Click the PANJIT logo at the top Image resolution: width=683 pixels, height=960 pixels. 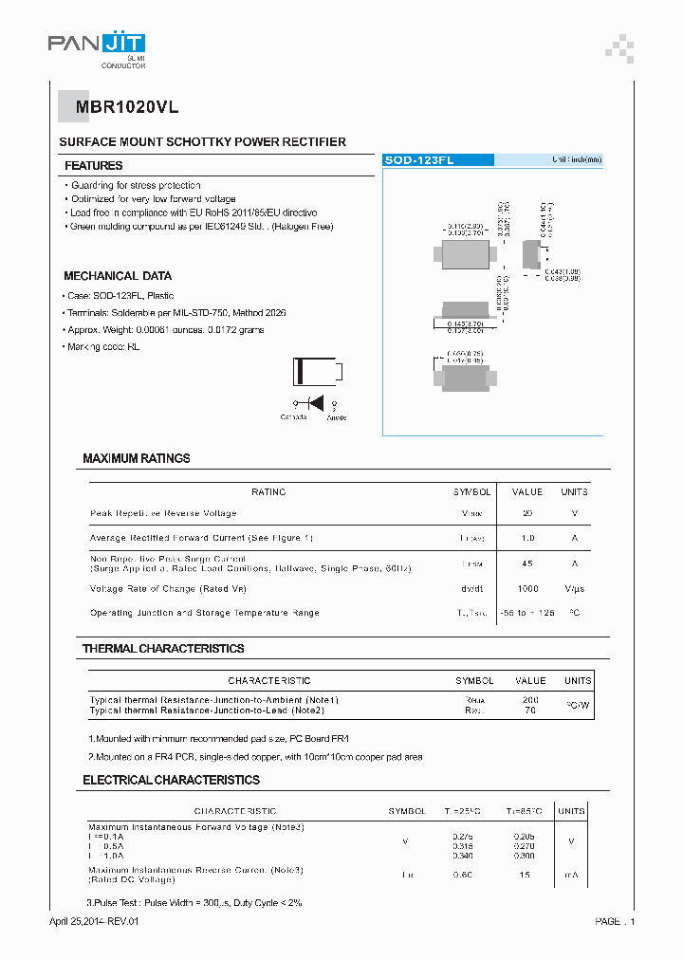pyautogui.click(x=96, y=44)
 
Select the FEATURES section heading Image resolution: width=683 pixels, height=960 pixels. pyautogui.click(x=93, y=166)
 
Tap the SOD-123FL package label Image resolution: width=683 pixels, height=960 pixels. pyautogui.click(x=419, y=160)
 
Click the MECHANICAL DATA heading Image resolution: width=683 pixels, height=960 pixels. pyautogui.click(x=118, y=276)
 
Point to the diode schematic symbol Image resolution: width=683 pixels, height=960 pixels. pyautogui.click(x=311, y=401)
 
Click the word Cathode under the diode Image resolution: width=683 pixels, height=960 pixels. pyautogui.click(x=293, y=417)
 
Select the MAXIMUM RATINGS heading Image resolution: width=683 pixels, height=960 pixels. pyautogui.click(x=136, y=458)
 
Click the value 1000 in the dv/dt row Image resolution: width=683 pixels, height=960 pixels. pyautogui.click(x=527, y=588)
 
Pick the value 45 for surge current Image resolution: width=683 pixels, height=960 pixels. pyautogui.click(x=527, y=563)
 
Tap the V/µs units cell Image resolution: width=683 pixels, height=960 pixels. pyautogui.click(x=574, y=588)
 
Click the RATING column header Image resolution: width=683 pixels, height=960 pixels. pyautogui.click(x=268, y=491)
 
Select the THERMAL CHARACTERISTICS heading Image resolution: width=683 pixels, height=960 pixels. pyautogui.click(x=162, y=649)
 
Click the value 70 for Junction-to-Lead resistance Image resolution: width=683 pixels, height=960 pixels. pyautogui.click(x=530, y=710)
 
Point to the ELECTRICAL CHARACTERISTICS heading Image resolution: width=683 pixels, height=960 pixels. pyautogui.click(x=171, y=780)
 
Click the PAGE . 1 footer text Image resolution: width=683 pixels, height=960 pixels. pyautogui.click(x=615, y=921)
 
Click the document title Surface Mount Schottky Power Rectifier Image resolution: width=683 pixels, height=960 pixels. pyautogui.click(x=202, y=142)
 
